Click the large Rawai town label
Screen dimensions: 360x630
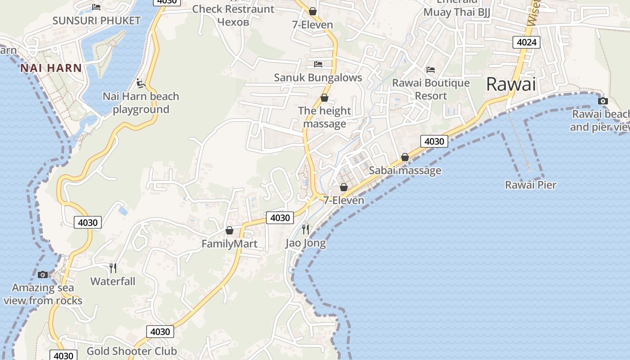511,84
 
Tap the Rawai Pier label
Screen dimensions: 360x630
531,185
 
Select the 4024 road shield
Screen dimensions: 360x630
526,42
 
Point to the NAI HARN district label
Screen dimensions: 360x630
51,68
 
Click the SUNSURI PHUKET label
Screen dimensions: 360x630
96,21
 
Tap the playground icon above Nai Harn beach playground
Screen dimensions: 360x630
140,83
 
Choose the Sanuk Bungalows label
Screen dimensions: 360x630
318,77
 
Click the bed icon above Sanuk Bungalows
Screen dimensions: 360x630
318,64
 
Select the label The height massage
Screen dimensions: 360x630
324,117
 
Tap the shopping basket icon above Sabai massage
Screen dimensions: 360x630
405,157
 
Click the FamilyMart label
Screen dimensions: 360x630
229,244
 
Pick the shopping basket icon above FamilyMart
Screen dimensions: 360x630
229,230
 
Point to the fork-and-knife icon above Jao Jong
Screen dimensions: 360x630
306,229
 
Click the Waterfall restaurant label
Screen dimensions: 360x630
112,281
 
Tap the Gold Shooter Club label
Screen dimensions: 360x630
131,351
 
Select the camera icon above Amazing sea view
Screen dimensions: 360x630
43,274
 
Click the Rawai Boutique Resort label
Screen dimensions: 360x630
431,89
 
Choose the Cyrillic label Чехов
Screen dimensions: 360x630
233,21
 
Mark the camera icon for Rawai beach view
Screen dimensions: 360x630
603,101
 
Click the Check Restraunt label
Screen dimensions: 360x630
233,9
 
